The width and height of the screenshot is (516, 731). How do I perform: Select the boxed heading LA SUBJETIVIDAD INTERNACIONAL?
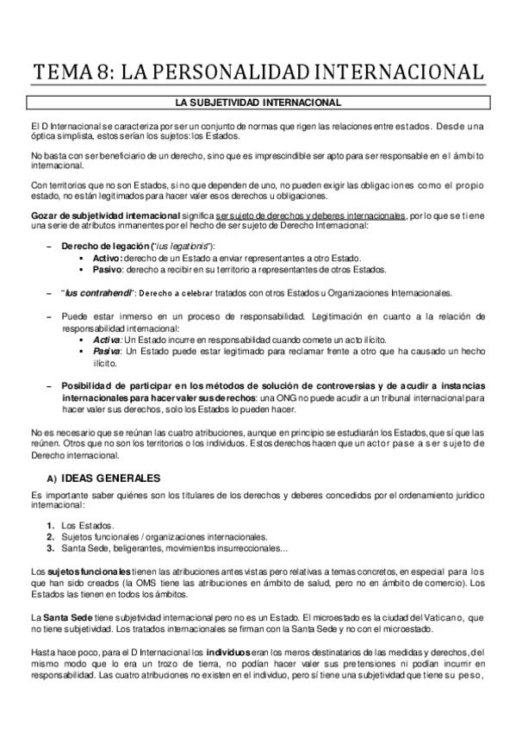tap(258, 103)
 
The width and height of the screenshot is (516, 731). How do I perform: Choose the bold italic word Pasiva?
tap(108, 353)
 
